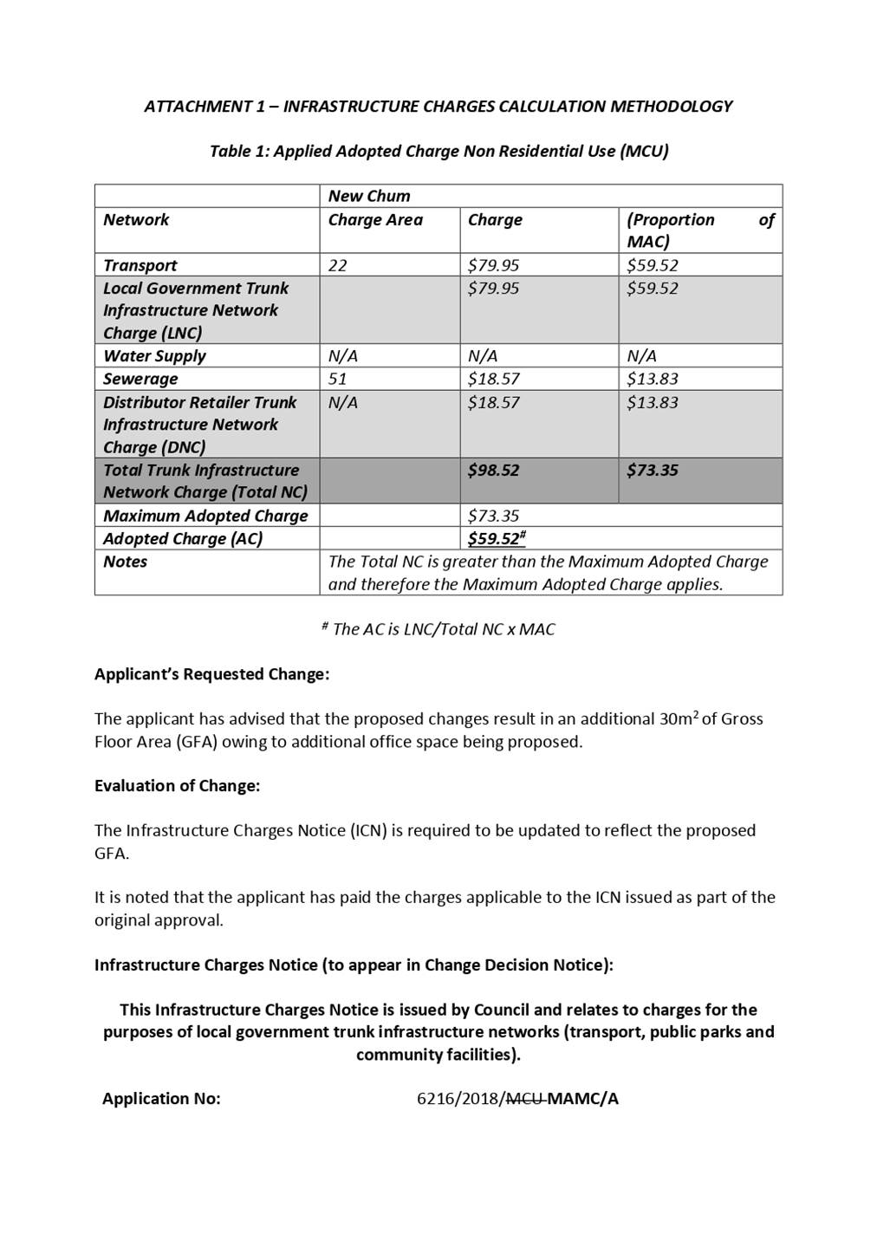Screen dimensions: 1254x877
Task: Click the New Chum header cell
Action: pyautogui.click(x=369, y=196)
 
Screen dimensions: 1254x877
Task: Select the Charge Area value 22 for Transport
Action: pyautogui.click(x=338, y=265)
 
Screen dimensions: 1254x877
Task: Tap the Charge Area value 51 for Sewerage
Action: pyautogui.click(x=338, y=379)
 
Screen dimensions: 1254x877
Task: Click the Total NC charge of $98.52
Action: pyautogui.click(x=493, y=471)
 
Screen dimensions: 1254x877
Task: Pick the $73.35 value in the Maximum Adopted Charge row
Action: pyautogui.click(x=493, y=516)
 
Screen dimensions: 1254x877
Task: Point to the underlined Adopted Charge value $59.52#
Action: pyautogui.click(x=496, y=538)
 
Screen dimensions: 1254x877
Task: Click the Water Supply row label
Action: pyautogui.click(x=154, y=356)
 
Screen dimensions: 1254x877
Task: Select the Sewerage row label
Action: pyautogui.click(x=140, y=379)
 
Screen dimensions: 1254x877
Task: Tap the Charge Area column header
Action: pyautogui.click(x=375, y=220)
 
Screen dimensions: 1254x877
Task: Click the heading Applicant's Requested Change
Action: pyautogui.click(x=211, y=674)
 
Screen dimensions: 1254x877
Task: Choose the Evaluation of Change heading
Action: pyautogui.click(x=177, y=786)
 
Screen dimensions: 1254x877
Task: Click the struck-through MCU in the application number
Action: pyautogui.click(x=524, y=1099)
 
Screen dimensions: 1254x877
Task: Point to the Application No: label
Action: pyautogui.click(x=161, y=1099)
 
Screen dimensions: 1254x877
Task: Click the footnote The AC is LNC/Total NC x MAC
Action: pyautogui.click(x=438, y=629)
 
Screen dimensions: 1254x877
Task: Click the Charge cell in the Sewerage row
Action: pyautogui.click(x=493, y=379)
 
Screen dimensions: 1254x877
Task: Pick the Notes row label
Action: pyautogui.click(x=126, y=562)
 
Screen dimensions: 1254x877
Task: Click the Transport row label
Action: pyautogui.click(x=140, y=265)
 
